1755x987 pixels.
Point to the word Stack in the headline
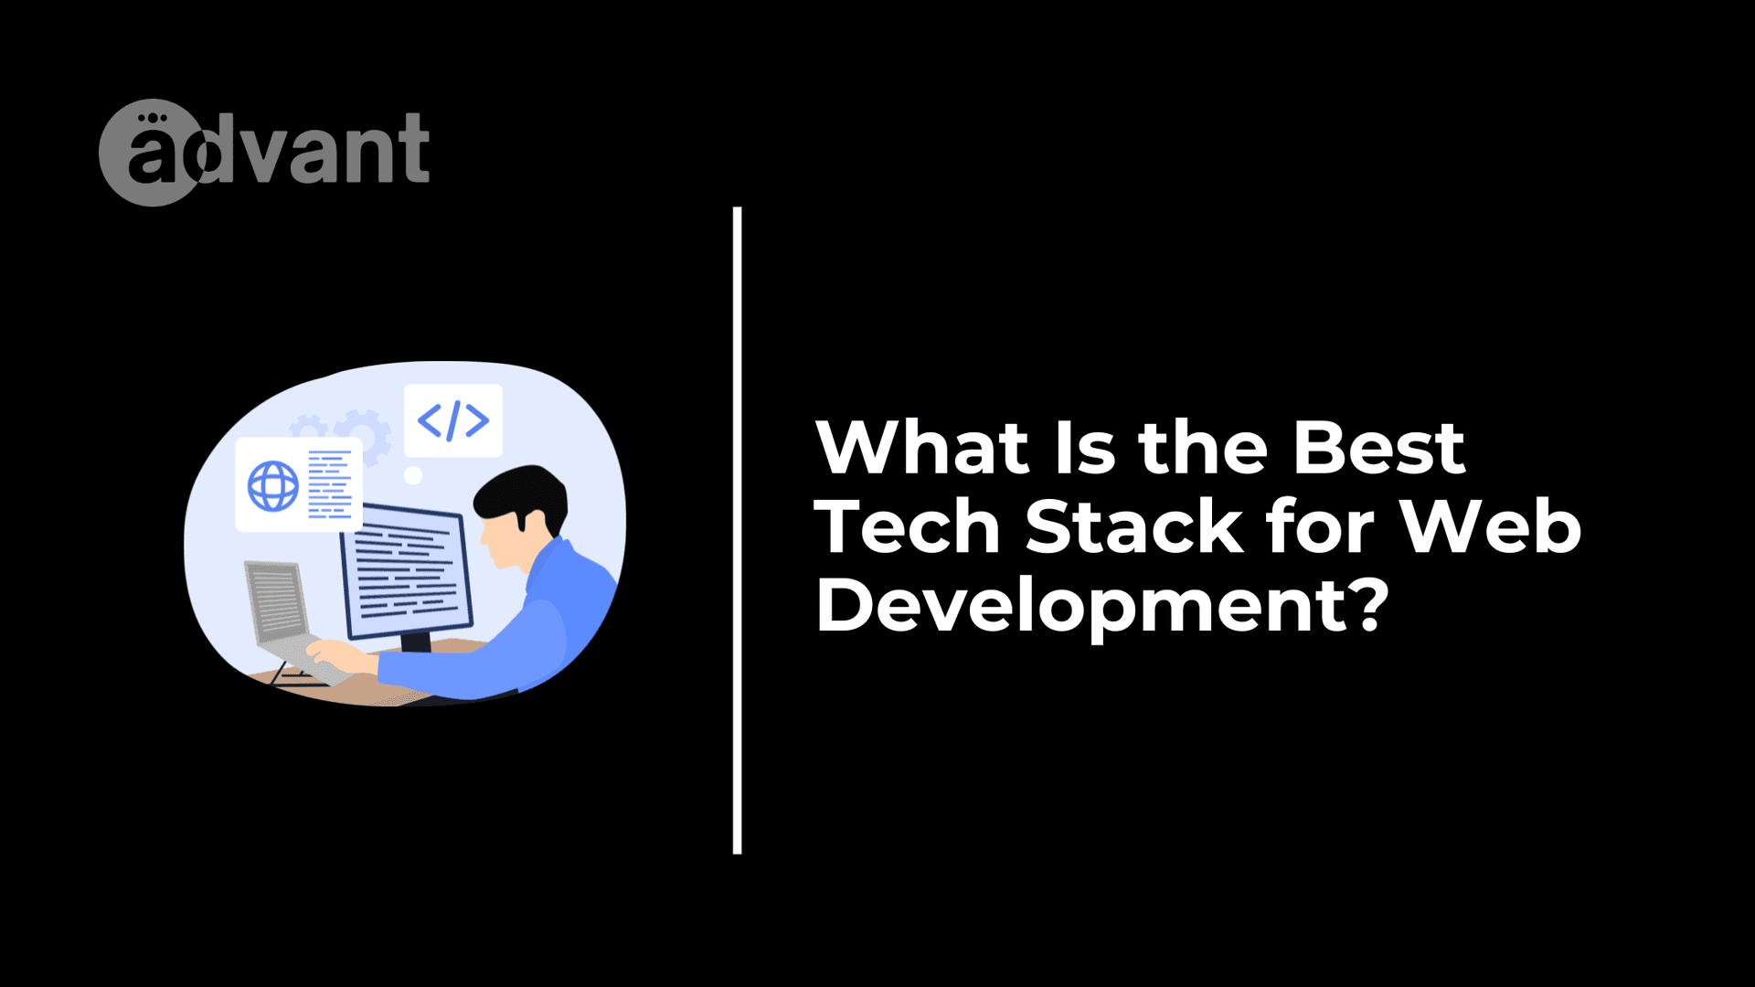pos(1133,527)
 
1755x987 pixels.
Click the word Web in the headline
pos(1491,527)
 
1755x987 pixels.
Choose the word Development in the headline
pos(1081,608)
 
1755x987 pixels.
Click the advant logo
pos(264,152)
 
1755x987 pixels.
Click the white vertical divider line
pos(737,530)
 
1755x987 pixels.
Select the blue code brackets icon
pos(453,420)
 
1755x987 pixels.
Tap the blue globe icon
pos(273,485)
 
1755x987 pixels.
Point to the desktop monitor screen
pos(406,571)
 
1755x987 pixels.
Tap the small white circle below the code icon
pos(413,475)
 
